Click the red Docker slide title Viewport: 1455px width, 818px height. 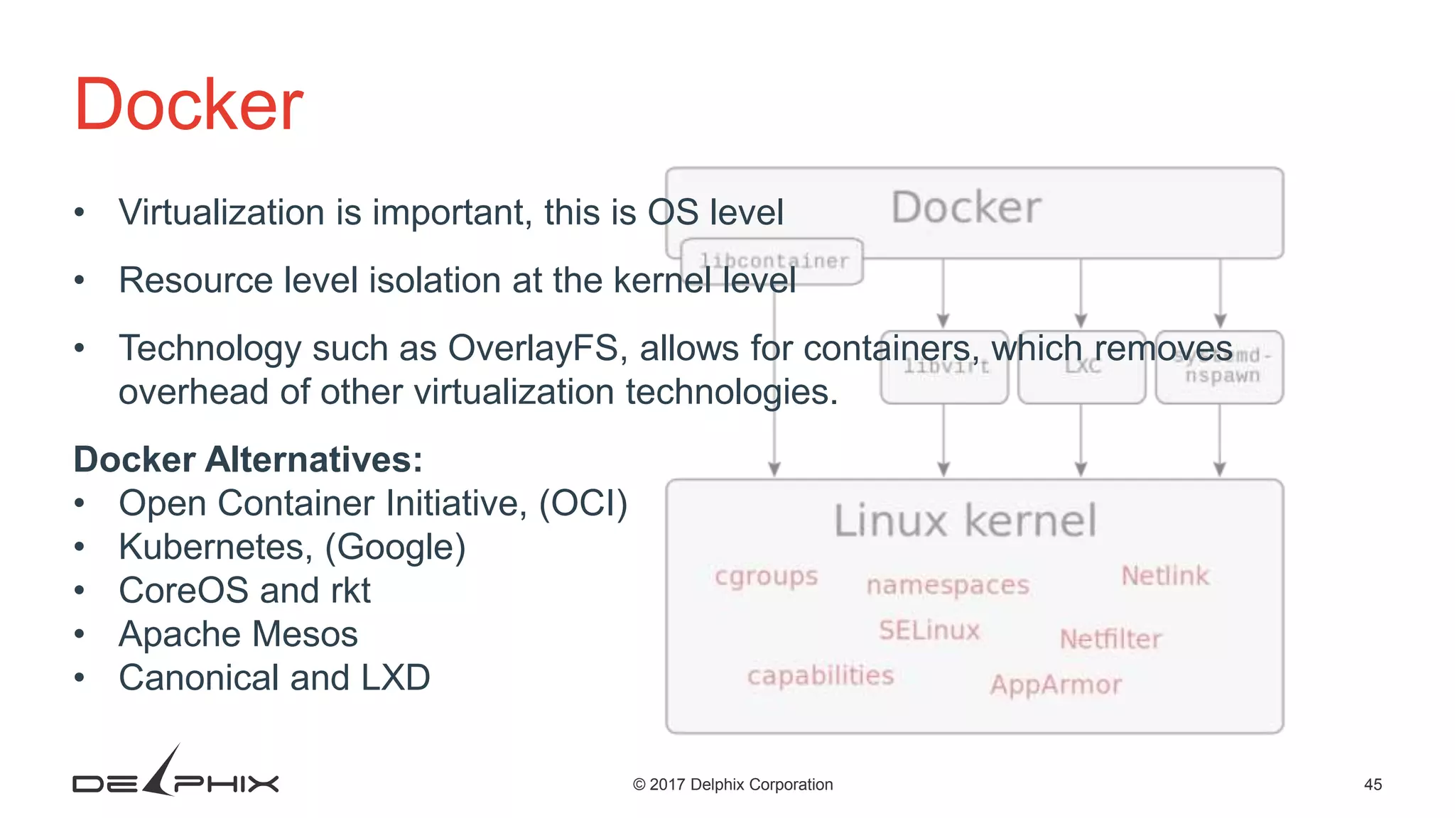point(189,105)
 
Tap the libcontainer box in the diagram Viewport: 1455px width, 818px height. point(772,261)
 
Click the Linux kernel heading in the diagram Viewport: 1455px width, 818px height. point(966,520)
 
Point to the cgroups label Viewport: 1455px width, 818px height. point(767,576)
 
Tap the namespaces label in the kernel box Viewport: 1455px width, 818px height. point(948,585)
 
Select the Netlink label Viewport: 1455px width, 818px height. point(1165,576)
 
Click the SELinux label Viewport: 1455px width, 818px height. point(929,630)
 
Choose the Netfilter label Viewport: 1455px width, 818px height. point(1110,639)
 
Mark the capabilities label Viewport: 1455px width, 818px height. point(821,675)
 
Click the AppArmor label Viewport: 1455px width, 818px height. point(1056,685)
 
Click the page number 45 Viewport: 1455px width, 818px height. point(1373,785)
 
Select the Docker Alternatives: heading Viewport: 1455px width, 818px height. point(248,459)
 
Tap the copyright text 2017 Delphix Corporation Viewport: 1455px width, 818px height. point(732,785)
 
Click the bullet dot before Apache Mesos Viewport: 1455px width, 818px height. point(80,633)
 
